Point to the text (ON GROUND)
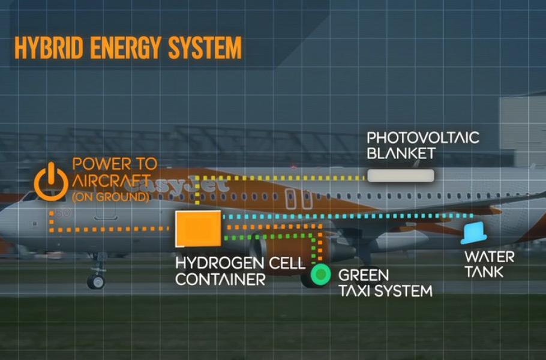[x=110, y=196]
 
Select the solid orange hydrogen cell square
[x=197, y=229]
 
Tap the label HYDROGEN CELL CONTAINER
[x=240, y=271]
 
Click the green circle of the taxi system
[x=320, y=274]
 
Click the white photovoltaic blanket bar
[x=400, y=175]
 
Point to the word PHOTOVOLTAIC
[x=423, y=137]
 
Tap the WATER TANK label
[x=489, y=264]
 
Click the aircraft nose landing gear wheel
[x=95, y=281]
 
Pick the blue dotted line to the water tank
[x=348, y=215]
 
